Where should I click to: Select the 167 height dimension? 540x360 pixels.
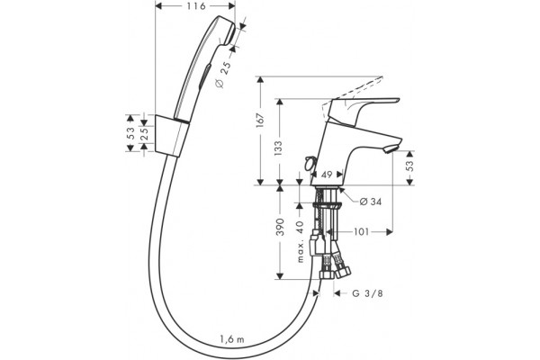(260, 121)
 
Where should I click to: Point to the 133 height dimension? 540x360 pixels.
(279, 148)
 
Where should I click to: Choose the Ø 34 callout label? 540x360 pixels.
(371, 202)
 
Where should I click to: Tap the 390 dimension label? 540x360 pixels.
(280, 227)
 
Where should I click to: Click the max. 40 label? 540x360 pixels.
(301, 241)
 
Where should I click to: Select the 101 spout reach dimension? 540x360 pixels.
(361, 232)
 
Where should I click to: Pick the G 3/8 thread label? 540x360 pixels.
(367, 293)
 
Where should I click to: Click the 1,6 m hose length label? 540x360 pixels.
(232, 339)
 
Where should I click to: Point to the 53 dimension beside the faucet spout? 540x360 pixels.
(409, 166)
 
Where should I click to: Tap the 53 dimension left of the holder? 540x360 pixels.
(130, 133)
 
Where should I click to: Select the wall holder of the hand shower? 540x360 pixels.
(172, 136)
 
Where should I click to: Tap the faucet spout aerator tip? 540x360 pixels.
(391, 149)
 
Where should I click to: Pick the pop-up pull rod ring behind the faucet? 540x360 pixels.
(310, 162)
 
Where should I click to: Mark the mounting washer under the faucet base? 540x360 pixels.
(327, 206)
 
